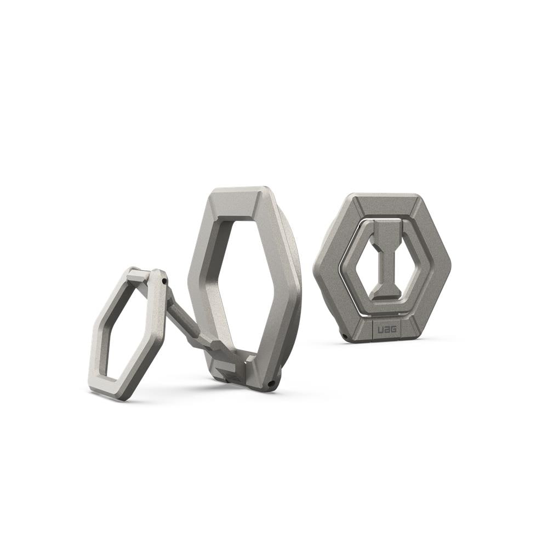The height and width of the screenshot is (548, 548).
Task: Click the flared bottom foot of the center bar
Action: (385, 300)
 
